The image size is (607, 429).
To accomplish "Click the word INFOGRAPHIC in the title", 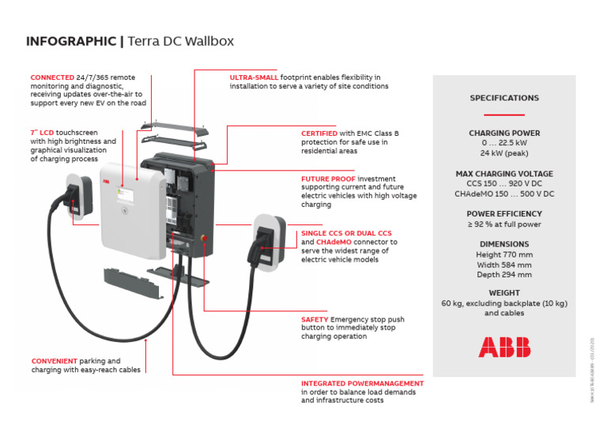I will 71,41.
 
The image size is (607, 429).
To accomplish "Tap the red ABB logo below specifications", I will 504,347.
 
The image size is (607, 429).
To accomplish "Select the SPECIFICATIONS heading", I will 504,98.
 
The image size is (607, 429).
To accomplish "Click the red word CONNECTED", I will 53,77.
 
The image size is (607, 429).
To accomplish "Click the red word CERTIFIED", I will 319,134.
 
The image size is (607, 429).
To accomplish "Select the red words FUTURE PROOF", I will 326,179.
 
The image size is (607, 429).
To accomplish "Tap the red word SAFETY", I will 315,319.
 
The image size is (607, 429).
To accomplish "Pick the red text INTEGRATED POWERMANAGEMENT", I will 362,383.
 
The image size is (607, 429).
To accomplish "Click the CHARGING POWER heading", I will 504,134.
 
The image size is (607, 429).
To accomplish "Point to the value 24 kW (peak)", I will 504,153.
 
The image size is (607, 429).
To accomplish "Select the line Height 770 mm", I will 504,254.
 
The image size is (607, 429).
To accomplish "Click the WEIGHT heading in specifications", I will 504,293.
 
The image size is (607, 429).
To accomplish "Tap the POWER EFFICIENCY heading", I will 504,213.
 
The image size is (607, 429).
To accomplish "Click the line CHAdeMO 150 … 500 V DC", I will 504,194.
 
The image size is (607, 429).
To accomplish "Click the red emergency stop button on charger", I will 208,235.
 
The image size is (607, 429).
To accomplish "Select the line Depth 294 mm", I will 504,274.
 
